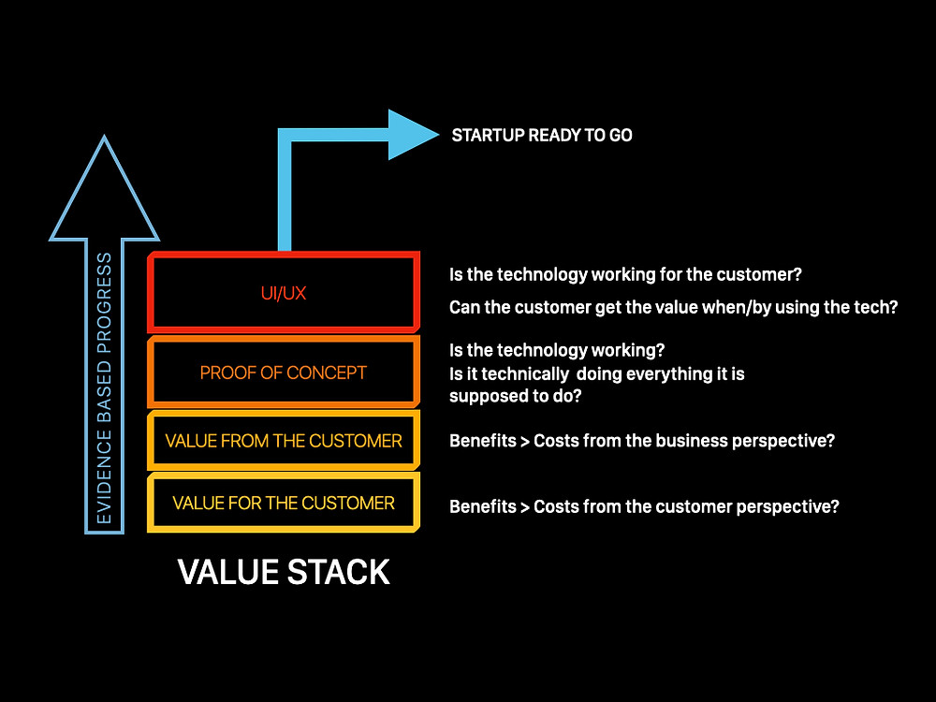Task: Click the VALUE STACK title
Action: pos(284,572)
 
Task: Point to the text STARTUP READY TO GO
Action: pos(542,136)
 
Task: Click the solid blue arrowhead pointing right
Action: pos(413,135)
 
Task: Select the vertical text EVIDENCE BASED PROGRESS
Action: pos(104,388)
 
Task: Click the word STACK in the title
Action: pos(339,572)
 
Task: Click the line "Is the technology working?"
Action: pos(557,350)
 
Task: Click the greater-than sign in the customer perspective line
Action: pos(525,506)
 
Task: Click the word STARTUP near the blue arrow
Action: pos(487,136)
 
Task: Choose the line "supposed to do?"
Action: pos(515,396)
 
